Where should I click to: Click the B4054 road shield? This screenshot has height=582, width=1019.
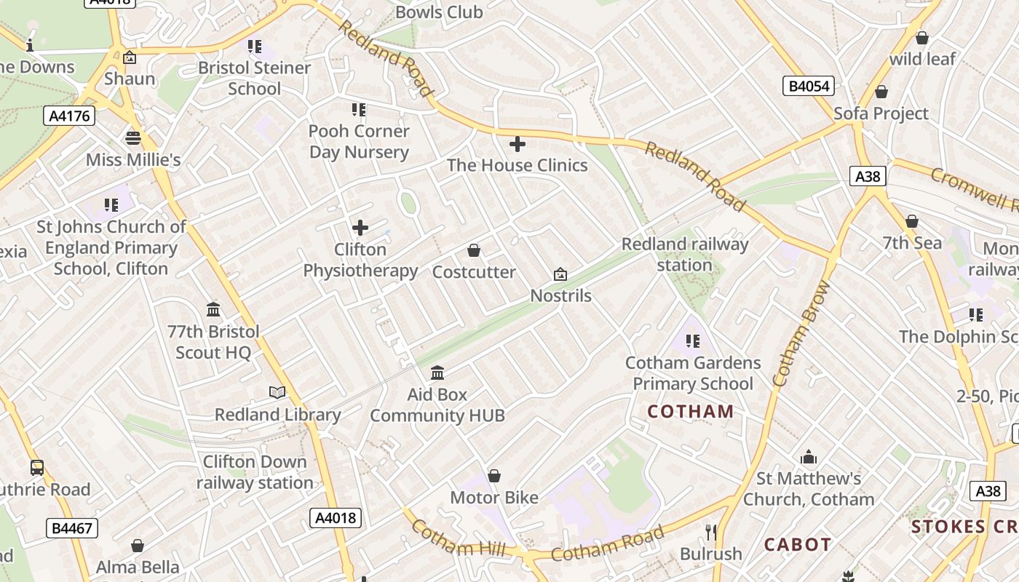coord(809,86)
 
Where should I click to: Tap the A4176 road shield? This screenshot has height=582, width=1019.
coord(69,115)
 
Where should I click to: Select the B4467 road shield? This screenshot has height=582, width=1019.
coord(73,527)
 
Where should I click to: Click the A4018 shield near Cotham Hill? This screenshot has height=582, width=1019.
coord(336,518)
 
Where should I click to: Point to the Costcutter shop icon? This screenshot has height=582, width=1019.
coord(474,251)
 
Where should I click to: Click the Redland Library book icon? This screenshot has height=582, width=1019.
coord(277,393)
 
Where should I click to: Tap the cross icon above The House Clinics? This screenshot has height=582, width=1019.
coord(518,144)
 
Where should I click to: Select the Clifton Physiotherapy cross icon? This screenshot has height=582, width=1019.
coord(360,228)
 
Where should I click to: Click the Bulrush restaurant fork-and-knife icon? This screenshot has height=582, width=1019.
coord(711,532)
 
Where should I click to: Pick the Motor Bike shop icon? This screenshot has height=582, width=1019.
coord(494,477)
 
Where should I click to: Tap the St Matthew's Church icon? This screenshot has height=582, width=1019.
coord(809,458)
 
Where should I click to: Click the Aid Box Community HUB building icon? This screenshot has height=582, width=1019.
coord(437,373)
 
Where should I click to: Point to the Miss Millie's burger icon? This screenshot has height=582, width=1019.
coord(133,138)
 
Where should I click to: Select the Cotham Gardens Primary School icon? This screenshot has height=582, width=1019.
coord(692,340)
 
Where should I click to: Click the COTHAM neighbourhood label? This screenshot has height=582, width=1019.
coord(691,412)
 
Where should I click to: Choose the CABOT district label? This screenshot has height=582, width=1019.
coord(797,544)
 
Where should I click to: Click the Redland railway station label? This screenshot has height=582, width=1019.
coord(684,255)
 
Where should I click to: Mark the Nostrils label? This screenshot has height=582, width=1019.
coord(560,296)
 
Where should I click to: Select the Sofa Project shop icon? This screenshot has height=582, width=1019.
coord(881,92)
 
